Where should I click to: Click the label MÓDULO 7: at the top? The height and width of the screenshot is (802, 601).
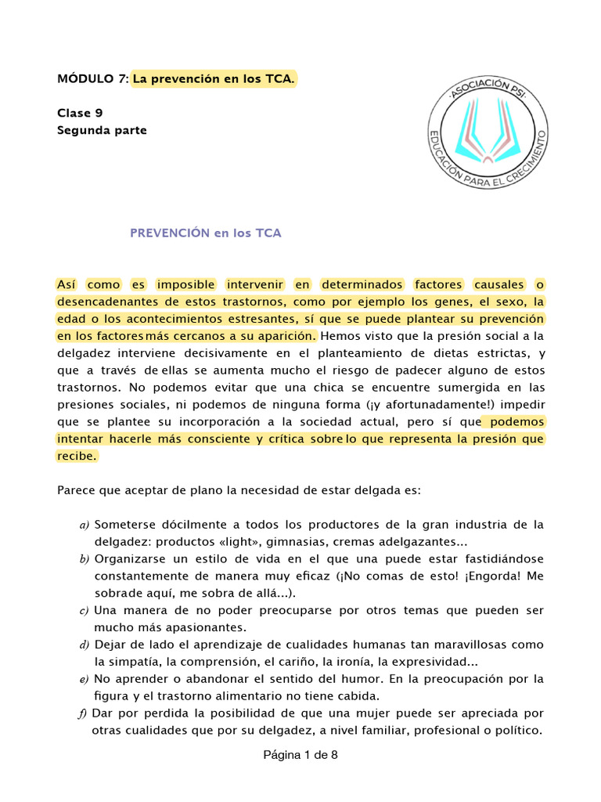pos(92,79)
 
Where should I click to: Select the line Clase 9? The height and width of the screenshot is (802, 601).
pos(80,113)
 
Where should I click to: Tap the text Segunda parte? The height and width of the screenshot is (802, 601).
pos(102,130)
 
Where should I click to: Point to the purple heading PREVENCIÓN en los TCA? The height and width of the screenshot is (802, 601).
pos(205,233)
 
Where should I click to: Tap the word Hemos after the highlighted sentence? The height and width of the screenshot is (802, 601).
pos(340,336)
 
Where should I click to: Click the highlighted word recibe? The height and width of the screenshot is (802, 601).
pos(77,456)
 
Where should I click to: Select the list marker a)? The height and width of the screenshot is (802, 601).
pos(85,525)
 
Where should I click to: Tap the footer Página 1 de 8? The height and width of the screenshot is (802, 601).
pos(300,756)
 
